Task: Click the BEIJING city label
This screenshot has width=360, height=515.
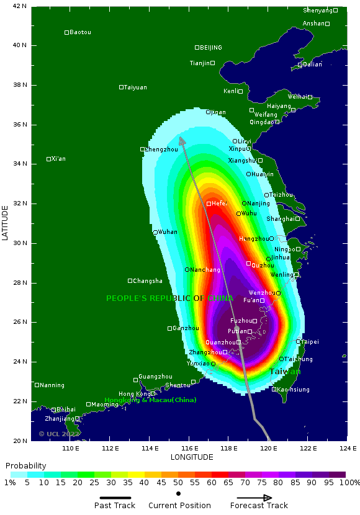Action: point(210,48)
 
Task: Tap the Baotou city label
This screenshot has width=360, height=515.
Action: point(80,32)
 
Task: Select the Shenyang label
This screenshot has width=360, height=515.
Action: point(317,11)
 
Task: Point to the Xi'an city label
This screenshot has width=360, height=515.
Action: point(58,159)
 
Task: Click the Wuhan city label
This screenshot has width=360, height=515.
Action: point(167,232)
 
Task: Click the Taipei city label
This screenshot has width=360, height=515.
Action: point(310,342)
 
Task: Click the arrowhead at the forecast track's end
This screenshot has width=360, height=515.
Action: point(182,141)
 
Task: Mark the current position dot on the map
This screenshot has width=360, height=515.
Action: point(236,328)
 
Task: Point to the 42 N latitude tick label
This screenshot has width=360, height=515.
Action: point(20,6)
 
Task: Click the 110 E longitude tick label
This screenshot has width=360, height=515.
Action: point(71,448)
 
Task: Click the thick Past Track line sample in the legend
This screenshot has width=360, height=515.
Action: point(115,498)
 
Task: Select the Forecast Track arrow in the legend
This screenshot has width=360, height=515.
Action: point(254,498)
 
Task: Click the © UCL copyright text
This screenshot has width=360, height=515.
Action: point(59,434)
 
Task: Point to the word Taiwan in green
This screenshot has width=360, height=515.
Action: point(284,372)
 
